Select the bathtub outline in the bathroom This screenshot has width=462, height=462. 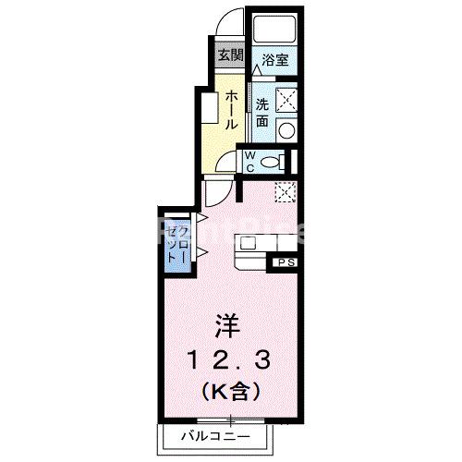click(276, 30)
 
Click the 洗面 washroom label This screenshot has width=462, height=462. click(261, 112)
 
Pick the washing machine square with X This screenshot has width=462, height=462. click(286, 98)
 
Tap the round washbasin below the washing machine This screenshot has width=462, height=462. click(286, 129)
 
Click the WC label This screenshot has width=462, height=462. click(250, 161)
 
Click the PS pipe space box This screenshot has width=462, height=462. click(282, 264)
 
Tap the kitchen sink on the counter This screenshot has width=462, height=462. click(250, 243)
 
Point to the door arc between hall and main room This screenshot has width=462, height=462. click(217, 191)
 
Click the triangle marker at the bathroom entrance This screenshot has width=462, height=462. click(258, 71)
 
